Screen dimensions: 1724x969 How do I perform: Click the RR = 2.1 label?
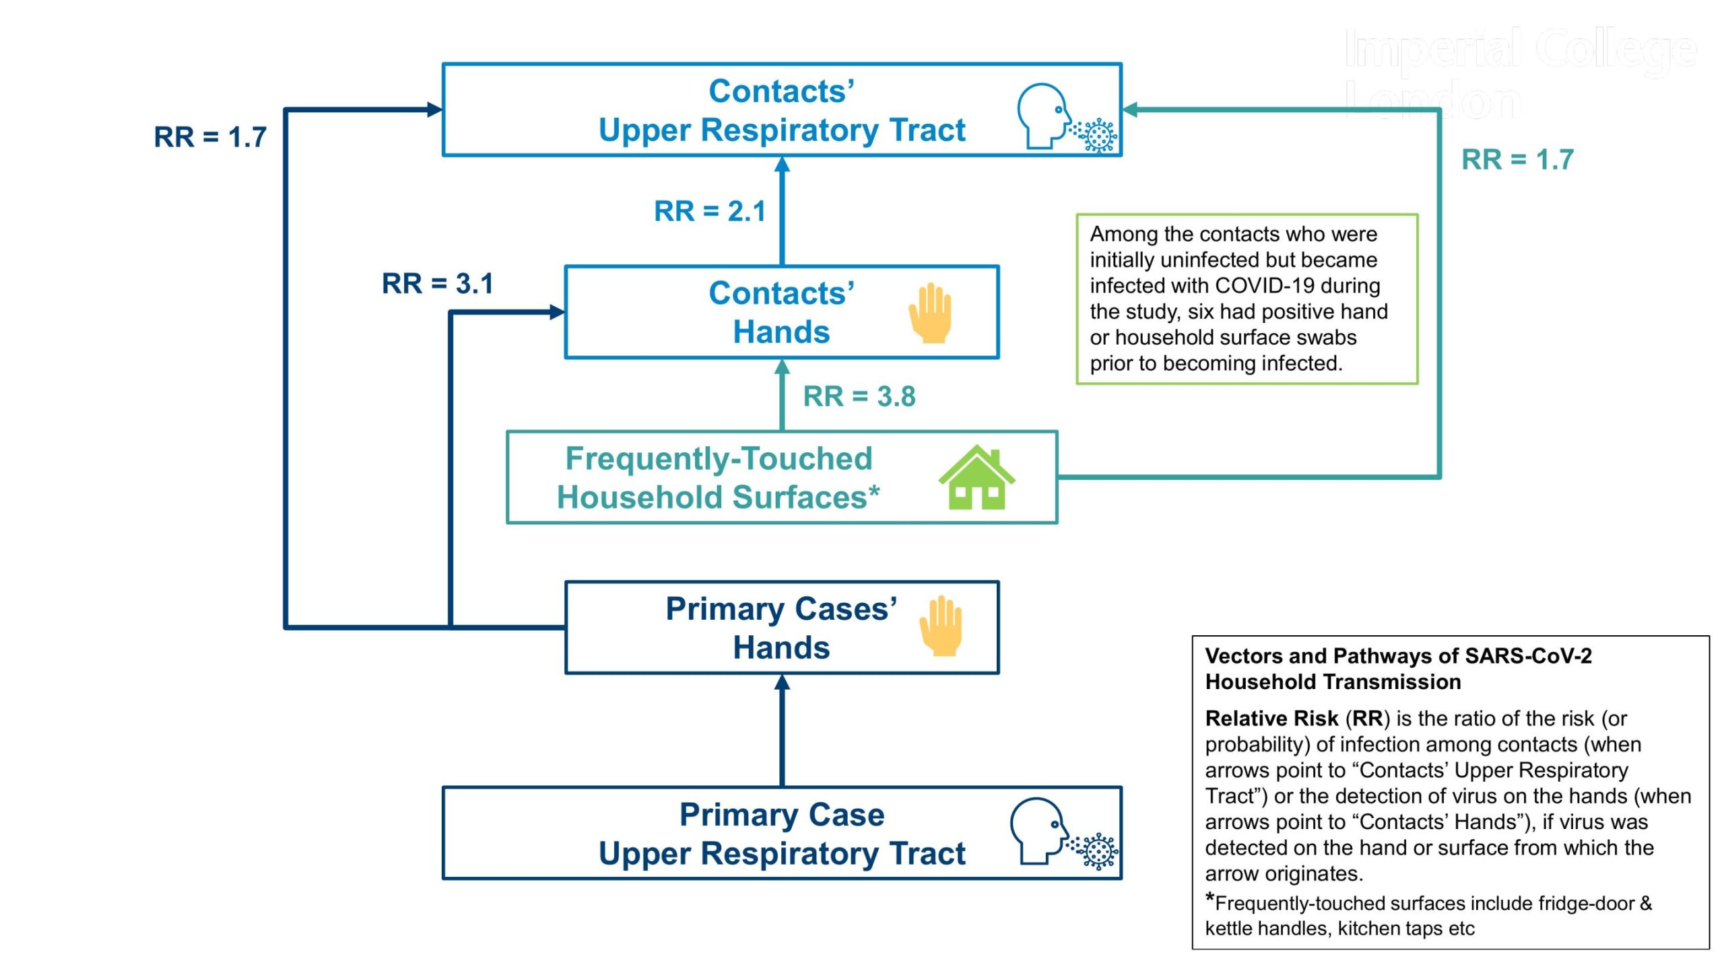pos(710,211)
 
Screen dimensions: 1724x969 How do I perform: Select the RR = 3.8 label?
pos(859,396)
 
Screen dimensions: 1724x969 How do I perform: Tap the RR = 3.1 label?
pos(438,283)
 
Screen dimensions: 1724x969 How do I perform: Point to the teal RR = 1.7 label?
pos(1517,159)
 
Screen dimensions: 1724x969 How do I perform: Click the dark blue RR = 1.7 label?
pos(210,137)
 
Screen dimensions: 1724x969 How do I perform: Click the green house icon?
pos(976,477)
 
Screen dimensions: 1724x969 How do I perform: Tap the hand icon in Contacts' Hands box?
pos(930,313)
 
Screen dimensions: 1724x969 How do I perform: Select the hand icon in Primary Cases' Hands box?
pos(941,626)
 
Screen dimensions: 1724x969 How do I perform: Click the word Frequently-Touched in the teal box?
pos(719,459)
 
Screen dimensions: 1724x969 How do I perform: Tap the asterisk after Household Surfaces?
pos(873,492)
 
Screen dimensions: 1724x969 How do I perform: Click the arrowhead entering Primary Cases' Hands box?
pos(782,682)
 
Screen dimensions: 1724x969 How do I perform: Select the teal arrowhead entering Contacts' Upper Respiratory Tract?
pos(1130,110)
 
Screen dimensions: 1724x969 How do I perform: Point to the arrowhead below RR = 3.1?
pos(557,312)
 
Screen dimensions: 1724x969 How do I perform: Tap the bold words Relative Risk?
pos(1271,719)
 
